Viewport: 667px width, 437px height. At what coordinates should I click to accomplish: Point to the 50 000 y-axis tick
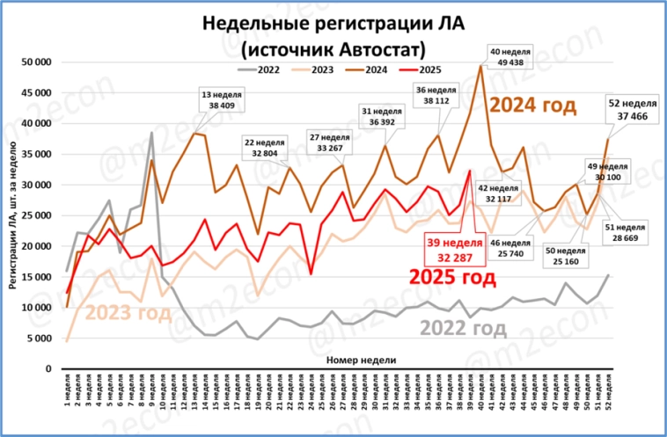[x=35, y=62]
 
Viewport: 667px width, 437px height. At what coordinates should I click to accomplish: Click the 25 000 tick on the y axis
[x=35, y=215]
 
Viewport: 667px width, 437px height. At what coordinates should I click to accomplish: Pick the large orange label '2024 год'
[x=532, y=106]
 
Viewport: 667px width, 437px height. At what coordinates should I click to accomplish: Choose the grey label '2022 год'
[x=463, y=329]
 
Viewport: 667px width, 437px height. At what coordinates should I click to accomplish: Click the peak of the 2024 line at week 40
[x=480, y=65]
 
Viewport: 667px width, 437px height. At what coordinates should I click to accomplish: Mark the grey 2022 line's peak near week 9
[x=152, y=133]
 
